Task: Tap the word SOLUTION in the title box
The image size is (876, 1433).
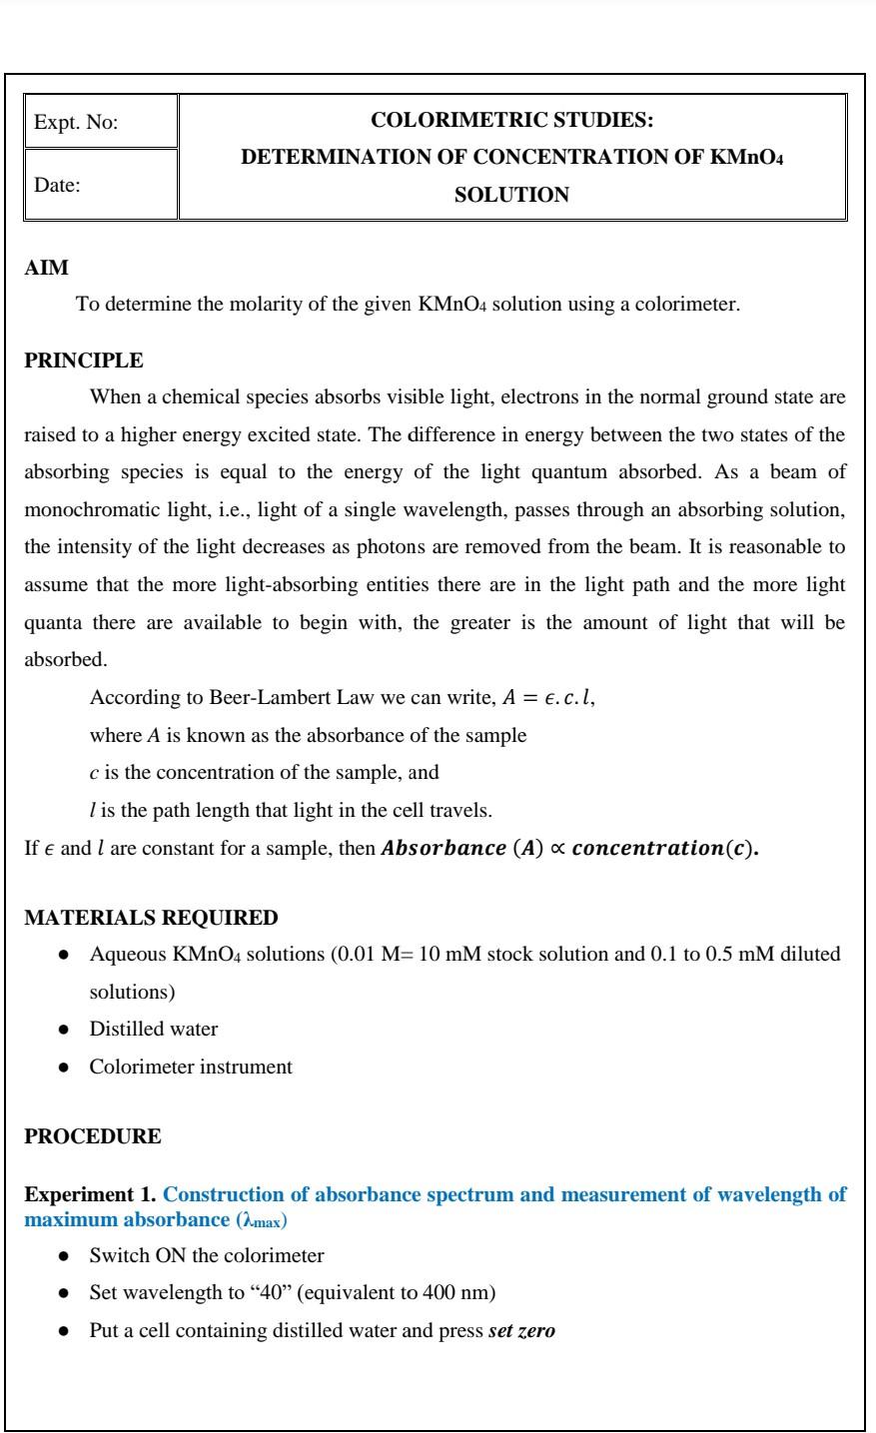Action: pyautogui.click(x=511, y=196)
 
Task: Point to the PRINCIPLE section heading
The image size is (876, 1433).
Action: pyautogui.click(x=84, y=360)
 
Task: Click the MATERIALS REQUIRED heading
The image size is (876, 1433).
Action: pyautogui.click(x=151, y=917)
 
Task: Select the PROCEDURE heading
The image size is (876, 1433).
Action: pyautogui.click(x=92, y=1136)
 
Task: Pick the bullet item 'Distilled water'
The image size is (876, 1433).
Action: pyautogui.click(x=154, y=1029)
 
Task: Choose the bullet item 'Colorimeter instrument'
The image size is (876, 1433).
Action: pyautogui.click(x=191, y=1067)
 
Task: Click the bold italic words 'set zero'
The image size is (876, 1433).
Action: pyautogui.click(x=521, y=1331)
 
